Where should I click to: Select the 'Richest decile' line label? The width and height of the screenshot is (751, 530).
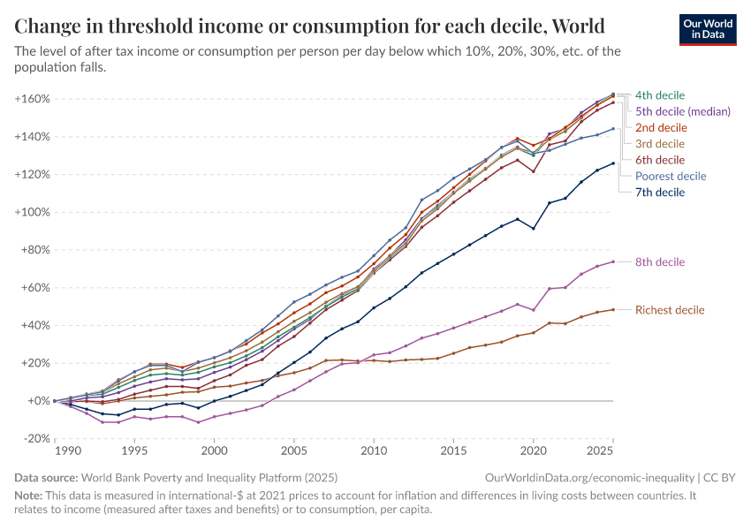(670, 310)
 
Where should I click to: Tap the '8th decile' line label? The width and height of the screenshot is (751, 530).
(660, 262)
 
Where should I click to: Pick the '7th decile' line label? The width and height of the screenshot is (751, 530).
(660, 192)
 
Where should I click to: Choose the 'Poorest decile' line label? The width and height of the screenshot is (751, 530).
(671, 176)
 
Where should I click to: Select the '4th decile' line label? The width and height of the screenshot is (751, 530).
(660, 95)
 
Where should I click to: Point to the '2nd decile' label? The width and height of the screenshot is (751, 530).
(661, 127)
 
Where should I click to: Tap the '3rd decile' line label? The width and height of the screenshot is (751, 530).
(660, 143)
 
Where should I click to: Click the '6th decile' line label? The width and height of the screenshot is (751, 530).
(660, 160)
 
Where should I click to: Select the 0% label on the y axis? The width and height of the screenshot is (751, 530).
(39, 401)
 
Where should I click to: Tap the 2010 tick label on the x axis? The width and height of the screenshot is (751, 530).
(375, 450)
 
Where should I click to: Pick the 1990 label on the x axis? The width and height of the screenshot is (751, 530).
(56, 450)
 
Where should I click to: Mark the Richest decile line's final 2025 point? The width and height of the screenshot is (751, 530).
(613, 309)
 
